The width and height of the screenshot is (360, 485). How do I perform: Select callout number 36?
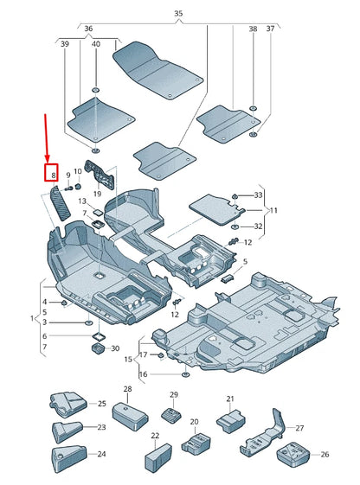point(87,29)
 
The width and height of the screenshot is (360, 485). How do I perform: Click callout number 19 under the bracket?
point(97,195)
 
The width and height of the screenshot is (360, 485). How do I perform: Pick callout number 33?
point(258,195)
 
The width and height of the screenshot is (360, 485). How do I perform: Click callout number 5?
point(245,261)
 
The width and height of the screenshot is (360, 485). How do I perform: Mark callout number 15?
point(127,359)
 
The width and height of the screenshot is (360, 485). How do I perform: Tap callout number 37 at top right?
point(269,29)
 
